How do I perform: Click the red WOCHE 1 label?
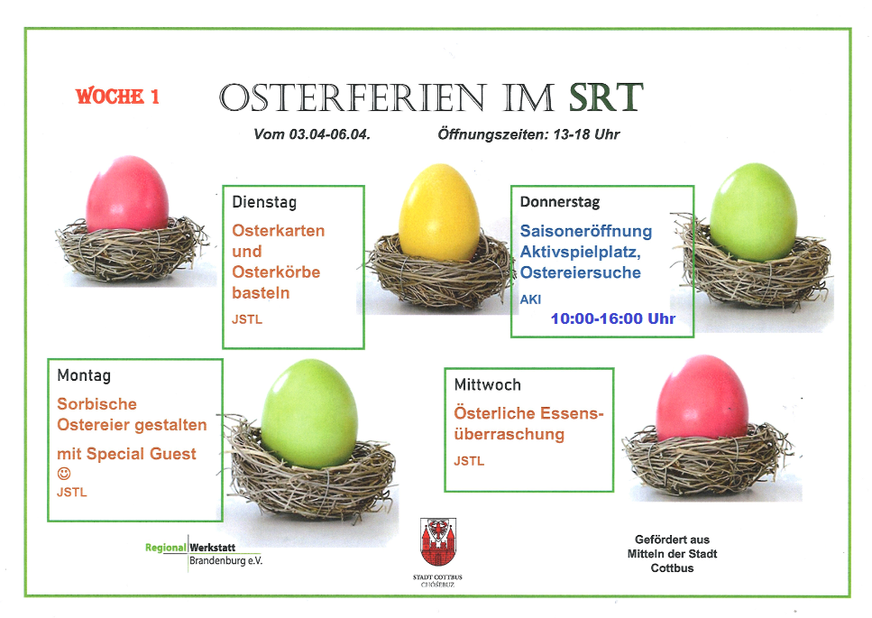[117, 97]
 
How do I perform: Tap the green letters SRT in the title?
[606, 97]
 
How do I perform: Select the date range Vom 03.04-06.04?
[312, 134]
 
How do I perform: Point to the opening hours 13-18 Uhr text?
[586, 134]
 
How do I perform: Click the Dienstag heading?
[264, 202]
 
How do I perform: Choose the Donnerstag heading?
[560, 202]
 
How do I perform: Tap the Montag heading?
[84, 375]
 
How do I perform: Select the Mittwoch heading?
[488, 384]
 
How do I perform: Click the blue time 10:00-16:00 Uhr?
[613, 318]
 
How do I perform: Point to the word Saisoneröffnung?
[586, 231]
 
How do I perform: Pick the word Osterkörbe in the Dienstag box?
[277, 272]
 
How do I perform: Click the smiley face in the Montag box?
[64, 474]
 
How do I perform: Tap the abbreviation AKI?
[530, 300]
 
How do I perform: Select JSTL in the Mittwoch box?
[469, 461]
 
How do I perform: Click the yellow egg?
[439, 213]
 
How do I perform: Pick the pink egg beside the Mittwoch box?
[702, 398]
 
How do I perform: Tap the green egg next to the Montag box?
[310, 412]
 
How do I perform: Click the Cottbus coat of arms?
[438, 542]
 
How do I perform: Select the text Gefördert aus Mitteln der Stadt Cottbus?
[672, 553]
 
